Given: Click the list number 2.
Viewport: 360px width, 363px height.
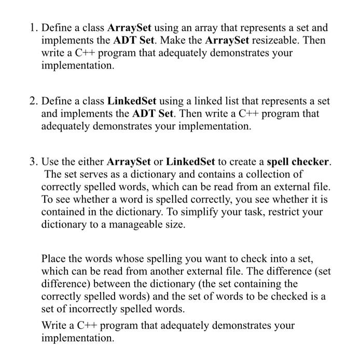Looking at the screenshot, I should pyautogui.click(x=32, y=101).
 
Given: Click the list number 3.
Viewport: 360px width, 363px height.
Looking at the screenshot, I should pyautogui.click(x=32, y=161).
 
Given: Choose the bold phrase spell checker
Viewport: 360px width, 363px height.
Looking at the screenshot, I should pyautogui.click(x=298, y=161).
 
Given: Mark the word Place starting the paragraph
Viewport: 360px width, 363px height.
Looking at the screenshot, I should pyautogui.click(x=55, y=258).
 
